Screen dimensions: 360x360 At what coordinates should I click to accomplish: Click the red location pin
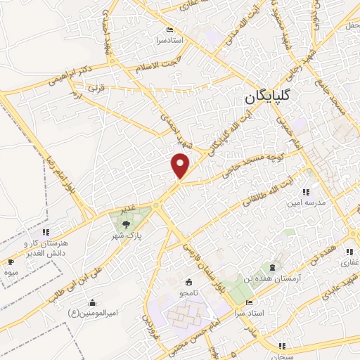coord(181,165)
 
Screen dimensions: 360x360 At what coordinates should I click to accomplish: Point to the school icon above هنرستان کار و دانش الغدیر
coord(46,232)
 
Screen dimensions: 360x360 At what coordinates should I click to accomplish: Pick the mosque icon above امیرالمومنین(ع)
coord(92,302)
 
